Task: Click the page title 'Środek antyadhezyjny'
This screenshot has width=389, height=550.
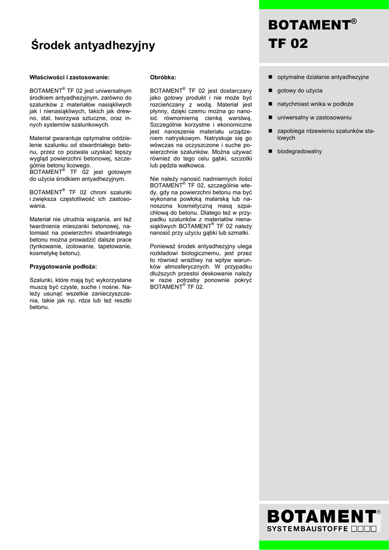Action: point(93,46)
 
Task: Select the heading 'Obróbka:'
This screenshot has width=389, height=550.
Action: point(163,77)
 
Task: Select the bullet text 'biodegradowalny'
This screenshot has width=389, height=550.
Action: point(299,151)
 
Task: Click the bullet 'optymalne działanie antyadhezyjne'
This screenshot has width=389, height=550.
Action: point(322,77)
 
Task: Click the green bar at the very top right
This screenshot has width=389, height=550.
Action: point(324,4)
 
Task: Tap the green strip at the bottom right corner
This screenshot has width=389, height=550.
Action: point(324,545)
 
